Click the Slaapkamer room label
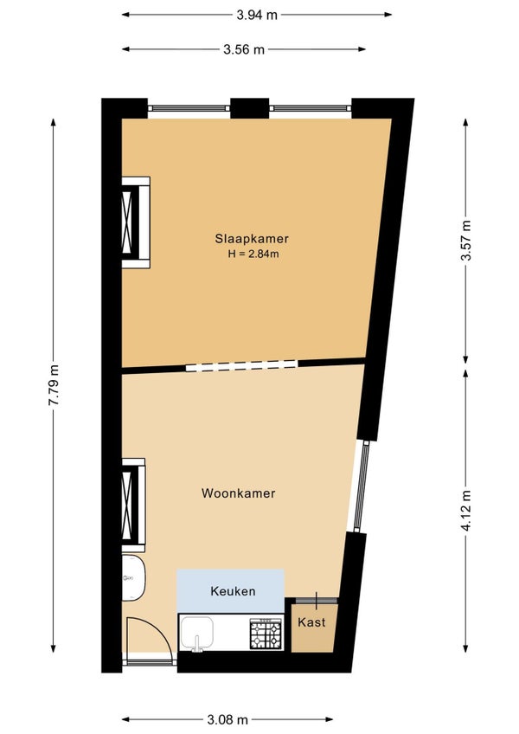point(252,238)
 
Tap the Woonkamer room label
point(238,493)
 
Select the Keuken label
point(233,591)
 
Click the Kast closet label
point(311,622)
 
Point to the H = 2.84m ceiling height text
point(253,254)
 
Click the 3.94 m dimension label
point(257,15)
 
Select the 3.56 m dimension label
point(244,49)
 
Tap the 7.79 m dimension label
point(54,385)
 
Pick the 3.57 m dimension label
point(466,241)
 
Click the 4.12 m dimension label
point(466,512)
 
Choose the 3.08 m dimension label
point(227,719)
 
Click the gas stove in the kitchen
point(266,634)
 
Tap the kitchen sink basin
point(197,634)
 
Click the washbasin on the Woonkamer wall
point(133,577)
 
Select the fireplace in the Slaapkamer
point(136,222)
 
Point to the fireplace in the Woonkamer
point(134,505)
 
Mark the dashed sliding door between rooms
point(241,365)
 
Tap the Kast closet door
point(317,601)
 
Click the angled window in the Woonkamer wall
point(362,486)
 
